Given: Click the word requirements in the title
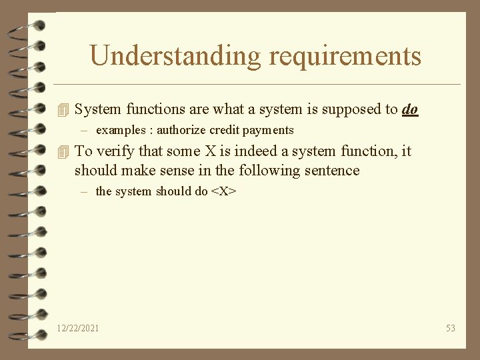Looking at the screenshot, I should (x=345, y=56).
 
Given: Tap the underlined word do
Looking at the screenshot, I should (x=410, y=109).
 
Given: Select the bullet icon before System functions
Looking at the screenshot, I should (x=63, y=109).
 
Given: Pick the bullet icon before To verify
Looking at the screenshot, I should (x=63, y=151).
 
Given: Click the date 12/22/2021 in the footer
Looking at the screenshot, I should (x=78, y=328).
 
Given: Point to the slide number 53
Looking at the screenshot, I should (x=451, y=328).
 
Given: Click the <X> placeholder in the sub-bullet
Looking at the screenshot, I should (x=224, y=191).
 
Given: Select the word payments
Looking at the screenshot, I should (x=269, y=130).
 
